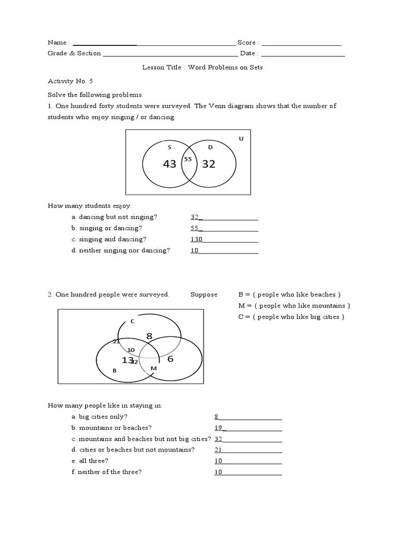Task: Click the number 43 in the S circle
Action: coord(169,164)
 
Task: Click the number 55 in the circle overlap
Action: coord(188,159)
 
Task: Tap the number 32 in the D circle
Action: coord(209,164)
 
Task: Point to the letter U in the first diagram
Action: coord(241,139)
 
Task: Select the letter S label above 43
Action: coord(169,147)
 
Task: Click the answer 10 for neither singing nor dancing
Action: coord(194,250)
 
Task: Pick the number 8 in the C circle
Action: coord(149,336)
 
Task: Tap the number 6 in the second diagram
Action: coord(170,359)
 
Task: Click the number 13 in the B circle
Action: coord(127,360)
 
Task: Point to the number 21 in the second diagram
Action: coord(116,341)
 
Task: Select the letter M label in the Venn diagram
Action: coord(153,368)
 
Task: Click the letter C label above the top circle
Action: coord(132,321)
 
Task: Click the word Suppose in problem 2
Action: coord(204,295)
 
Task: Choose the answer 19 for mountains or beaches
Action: coord(218,428)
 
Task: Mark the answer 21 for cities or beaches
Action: coord(218,450)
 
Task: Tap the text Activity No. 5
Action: coord(70,81)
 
